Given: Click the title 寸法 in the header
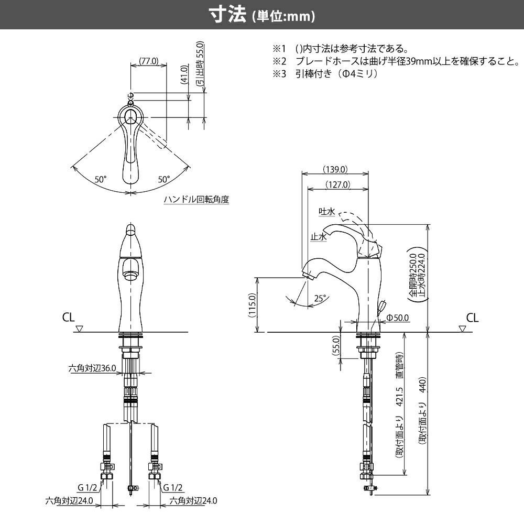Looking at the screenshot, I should [227, 15].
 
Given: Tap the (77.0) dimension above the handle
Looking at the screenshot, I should [149, 61].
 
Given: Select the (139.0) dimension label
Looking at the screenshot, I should [336, 169].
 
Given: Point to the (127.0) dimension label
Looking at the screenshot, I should [337, 184].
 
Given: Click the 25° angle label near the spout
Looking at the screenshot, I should [320, 298].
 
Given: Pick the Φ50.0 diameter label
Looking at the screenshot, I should [398, 318].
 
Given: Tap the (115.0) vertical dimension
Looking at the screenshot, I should [252, 305].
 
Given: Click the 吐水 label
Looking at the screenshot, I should [327, 211].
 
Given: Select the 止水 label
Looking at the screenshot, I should [319, 237].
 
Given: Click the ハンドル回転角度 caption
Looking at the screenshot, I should [196, 200].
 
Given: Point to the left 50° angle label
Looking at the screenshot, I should [101, 179].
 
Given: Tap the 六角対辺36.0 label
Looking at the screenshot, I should [92, 368].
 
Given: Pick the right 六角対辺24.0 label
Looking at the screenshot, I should [193, 500].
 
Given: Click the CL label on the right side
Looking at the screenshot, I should [472, 318].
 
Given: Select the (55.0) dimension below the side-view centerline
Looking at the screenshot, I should [336, 346].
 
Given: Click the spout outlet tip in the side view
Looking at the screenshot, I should [307, 274].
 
